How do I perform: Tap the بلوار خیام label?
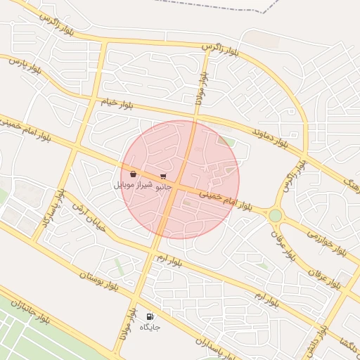[117, 103]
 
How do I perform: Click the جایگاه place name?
[150, 327]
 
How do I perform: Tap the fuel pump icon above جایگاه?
[150, 316]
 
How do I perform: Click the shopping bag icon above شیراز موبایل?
[133, 174]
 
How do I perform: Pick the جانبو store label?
[163, 186]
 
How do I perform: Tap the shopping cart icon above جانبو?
[164, 176]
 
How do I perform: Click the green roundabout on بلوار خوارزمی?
[275, 214]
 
